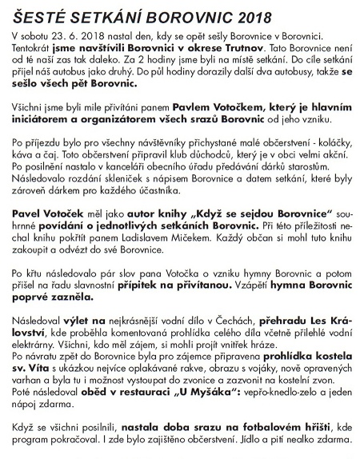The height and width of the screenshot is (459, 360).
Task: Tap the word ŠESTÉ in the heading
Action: tap(34, 14)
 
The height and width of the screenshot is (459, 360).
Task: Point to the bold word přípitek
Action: tap(147, 285)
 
